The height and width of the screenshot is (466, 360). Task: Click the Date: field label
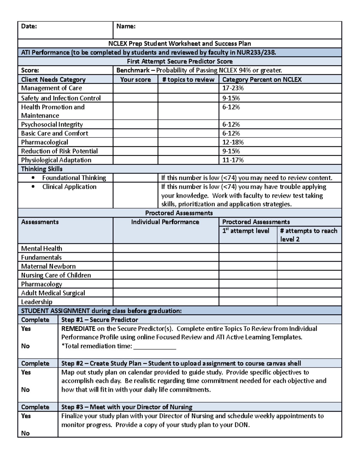tap(29, 26)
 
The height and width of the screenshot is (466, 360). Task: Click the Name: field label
tap(126, 26)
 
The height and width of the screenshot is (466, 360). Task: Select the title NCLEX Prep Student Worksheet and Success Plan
tap(179, 44)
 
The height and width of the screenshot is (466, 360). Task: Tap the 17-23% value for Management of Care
tap(233, 88)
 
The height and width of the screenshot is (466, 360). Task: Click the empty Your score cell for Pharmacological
tap(135, 142)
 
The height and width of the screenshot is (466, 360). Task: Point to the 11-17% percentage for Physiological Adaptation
tap(233, 160)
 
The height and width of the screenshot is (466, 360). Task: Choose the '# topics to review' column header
tap(188, 80)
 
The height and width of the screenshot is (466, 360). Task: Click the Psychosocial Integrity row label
tap(52, 125)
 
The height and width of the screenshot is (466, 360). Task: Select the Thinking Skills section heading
tap(42, 169)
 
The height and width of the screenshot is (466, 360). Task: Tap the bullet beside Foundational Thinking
tap(33, 178)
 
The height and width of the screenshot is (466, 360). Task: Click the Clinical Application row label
tap(69, 187)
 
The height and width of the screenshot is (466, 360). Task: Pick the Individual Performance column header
tap(165, 222)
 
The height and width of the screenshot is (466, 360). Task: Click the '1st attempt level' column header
tap(246, 231)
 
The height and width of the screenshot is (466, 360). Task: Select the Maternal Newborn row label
tap(48, 266)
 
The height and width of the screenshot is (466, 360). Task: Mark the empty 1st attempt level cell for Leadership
tap(248, 302)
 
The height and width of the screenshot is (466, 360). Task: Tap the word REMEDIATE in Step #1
tap(78, 329)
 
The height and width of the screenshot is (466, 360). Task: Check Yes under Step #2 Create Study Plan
tap(26, 372)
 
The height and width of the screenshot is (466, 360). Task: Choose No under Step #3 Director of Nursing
tap(25, 433)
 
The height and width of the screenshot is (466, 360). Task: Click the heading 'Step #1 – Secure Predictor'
tap(100, 320)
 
